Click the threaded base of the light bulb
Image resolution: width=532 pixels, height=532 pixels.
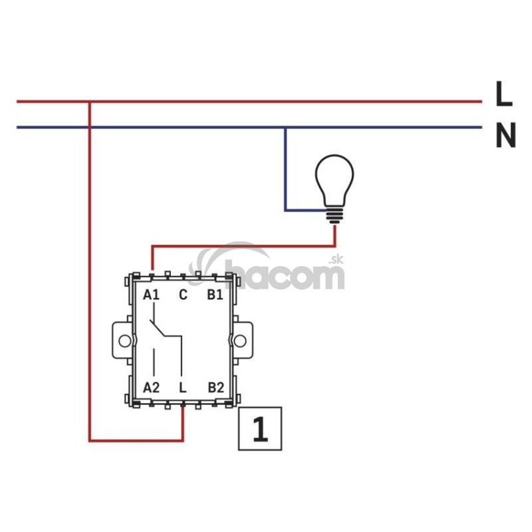pos(334,214)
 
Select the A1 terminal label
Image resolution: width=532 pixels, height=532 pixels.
pos(152,295)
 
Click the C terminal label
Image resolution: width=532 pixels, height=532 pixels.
pos(183,295)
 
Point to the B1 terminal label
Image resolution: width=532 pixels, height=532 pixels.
pos(214,295)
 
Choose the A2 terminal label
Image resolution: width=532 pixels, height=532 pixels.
pos(152,386)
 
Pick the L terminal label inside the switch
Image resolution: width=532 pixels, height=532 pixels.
pos(183,386)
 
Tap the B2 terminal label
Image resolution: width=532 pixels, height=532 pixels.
pos(214,386)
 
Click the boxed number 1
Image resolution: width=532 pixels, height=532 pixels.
pos(260,429)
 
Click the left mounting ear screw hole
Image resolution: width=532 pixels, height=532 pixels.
pos(124,340)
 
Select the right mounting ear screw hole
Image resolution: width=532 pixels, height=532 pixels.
pos(241,340)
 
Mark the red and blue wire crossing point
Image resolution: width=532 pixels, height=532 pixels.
pos(88,127)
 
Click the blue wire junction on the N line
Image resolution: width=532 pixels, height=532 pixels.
pos(285,127)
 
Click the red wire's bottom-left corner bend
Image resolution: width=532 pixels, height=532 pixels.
pos(89,440)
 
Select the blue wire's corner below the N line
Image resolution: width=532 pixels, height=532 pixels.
pos(286,210)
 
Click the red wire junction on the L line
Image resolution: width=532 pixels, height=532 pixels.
pos(88,102)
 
